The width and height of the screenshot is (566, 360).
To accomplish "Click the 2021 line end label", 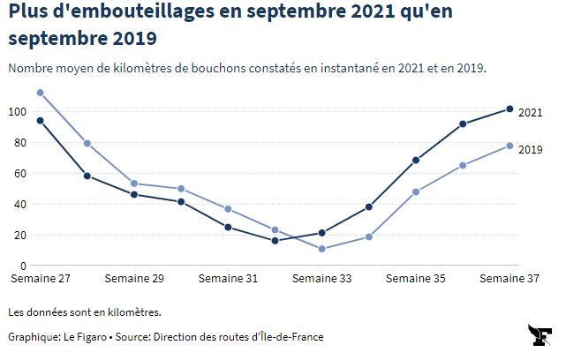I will (x=530, y=112).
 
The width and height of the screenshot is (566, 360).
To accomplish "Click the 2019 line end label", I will (x=530, y=149).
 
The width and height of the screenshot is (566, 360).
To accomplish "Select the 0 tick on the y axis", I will (x=23, y=266).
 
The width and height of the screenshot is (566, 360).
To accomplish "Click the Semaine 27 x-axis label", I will (x=40, y=279).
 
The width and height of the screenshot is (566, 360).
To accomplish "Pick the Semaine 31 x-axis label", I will (x=228, y=279).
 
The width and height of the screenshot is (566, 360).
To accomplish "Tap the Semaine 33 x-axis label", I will (x=321, y=279).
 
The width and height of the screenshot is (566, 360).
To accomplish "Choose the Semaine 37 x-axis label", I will (x=509, y=279).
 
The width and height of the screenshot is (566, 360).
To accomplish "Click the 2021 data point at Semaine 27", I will (x=40, y=120).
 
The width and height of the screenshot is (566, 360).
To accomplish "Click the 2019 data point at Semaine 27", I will (x=40, y=93).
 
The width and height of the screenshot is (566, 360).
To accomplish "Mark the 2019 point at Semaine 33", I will (x=321, y=249).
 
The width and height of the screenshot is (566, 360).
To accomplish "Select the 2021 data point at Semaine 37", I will (x=509, y=109).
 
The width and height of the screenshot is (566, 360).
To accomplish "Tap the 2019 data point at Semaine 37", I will (x=509, y=146).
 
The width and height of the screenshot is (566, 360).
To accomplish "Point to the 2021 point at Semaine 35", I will (x=415, y=161).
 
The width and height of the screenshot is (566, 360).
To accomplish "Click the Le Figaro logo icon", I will (x=540, y=336).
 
